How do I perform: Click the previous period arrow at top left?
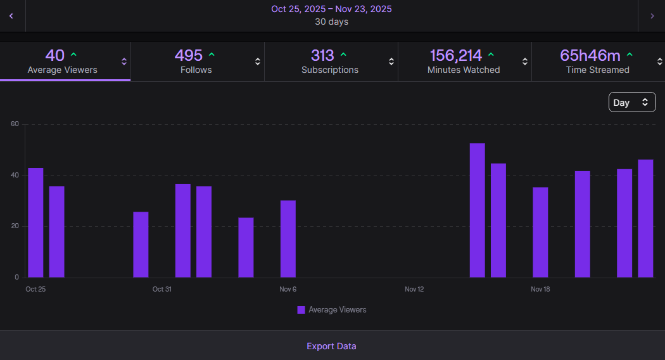(x=11, y=16)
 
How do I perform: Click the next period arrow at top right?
(x=652, y=16)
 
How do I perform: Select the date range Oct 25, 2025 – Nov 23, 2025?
(x=331, y=9)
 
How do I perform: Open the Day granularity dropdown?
(x=631, y=102)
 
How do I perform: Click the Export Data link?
(x=331, y=346)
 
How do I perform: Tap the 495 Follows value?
(x=188, y=55)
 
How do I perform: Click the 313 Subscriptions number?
(x=322, y=55)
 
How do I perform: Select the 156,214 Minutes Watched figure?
(x=455, y=55)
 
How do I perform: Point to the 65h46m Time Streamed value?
(x=590, y=55)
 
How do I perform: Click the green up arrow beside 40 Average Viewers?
(x=73, y=55)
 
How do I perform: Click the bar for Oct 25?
(x=35, y=222)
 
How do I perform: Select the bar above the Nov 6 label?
(x=288, y=239)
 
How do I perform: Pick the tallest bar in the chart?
(x=477, y=210)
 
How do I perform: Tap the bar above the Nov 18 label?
(x=540, y=232)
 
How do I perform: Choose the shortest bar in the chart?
(x=246, y=247)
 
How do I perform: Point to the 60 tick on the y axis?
(x=15, y=124)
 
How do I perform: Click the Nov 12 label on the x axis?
(x=414, y=289)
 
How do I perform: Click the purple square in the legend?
(x=301, y=310)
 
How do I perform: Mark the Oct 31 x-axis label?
(x=162, y=289)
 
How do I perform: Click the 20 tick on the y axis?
(x=15, y=226)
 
